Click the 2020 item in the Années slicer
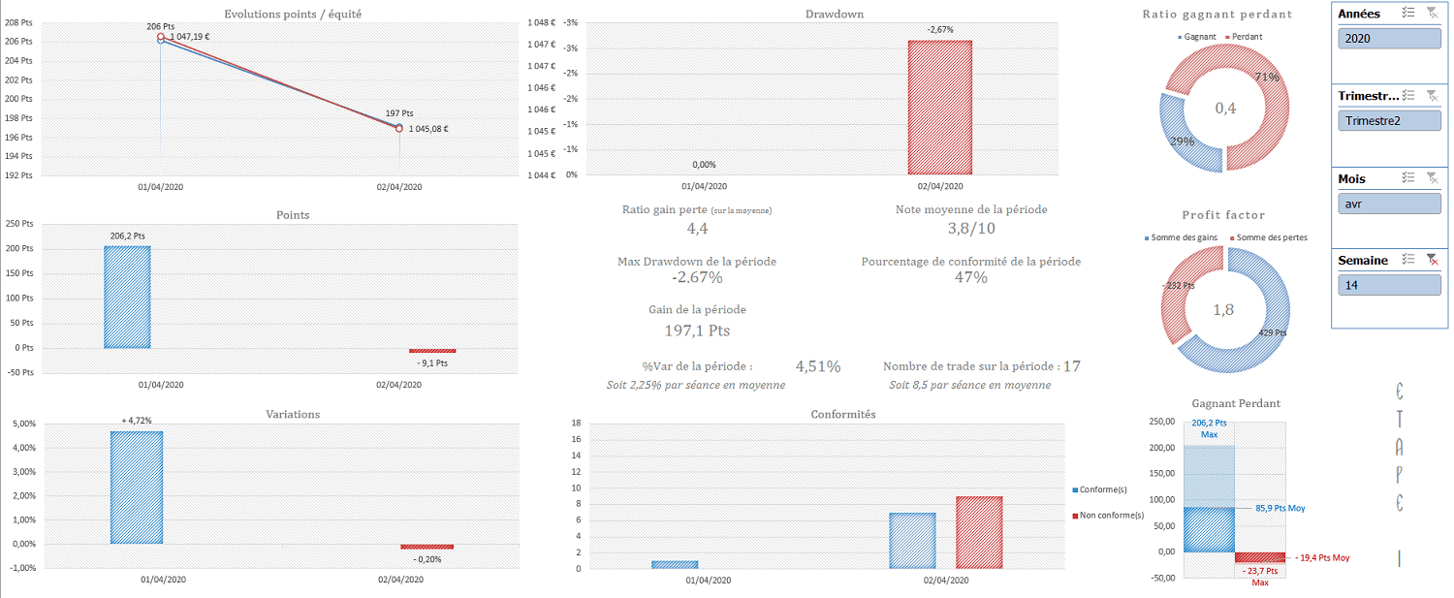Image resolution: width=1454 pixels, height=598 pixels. coord(1388,39)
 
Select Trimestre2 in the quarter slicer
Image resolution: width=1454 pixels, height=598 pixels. coord(1388,121)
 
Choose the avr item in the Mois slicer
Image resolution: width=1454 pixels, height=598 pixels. coord(1388,205)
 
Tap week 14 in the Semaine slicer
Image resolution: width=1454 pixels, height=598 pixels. coord(1388,286)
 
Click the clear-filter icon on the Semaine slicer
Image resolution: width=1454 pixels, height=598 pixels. coord(1431,260)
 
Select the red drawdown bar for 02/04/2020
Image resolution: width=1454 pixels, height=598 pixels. coord(938,108)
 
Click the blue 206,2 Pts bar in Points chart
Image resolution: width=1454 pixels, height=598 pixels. coord(127,297)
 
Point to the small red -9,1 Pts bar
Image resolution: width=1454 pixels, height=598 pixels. coord(431,351)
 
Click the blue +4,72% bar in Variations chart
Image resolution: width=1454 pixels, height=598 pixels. coord(137,487)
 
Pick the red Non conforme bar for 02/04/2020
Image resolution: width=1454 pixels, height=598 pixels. coord(979,532)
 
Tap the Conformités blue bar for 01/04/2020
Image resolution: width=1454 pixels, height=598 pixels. coord(675,564)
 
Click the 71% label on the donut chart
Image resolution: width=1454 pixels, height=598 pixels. coord(1267,78)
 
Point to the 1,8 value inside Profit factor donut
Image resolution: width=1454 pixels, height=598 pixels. coord(1225,310)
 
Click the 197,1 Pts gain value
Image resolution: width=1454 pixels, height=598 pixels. coord(697,331)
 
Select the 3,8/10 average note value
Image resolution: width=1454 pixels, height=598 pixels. coord(971,229)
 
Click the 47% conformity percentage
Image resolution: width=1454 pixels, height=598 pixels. coord(970,278)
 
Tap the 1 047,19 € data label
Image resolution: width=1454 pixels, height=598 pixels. coord(190,37)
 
